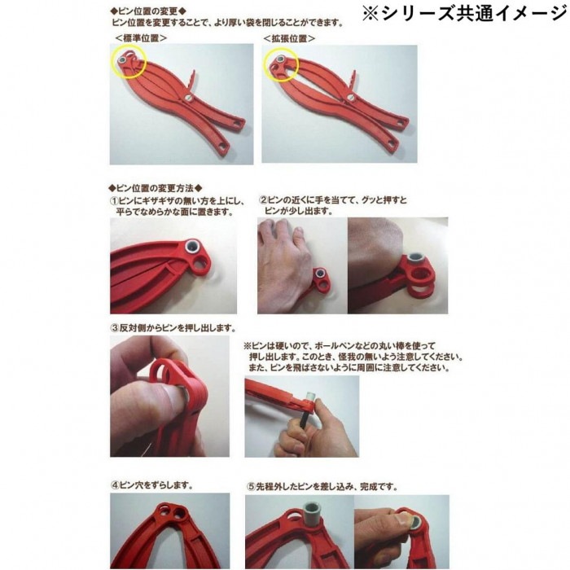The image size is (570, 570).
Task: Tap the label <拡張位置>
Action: pyautogui.click(x=289, y=38)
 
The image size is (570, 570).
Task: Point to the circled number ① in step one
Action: pyautogui.click(x=116, y=199)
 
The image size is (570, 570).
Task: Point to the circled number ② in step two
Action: pyautogui.click(x=264, y=199)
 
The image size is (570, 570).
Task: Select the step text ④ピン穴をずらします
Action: pyautogui.click(x=151, y=484)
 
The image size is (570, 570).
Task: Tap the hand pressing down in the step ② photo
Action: pyautogui.click(x=285, y=248)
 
